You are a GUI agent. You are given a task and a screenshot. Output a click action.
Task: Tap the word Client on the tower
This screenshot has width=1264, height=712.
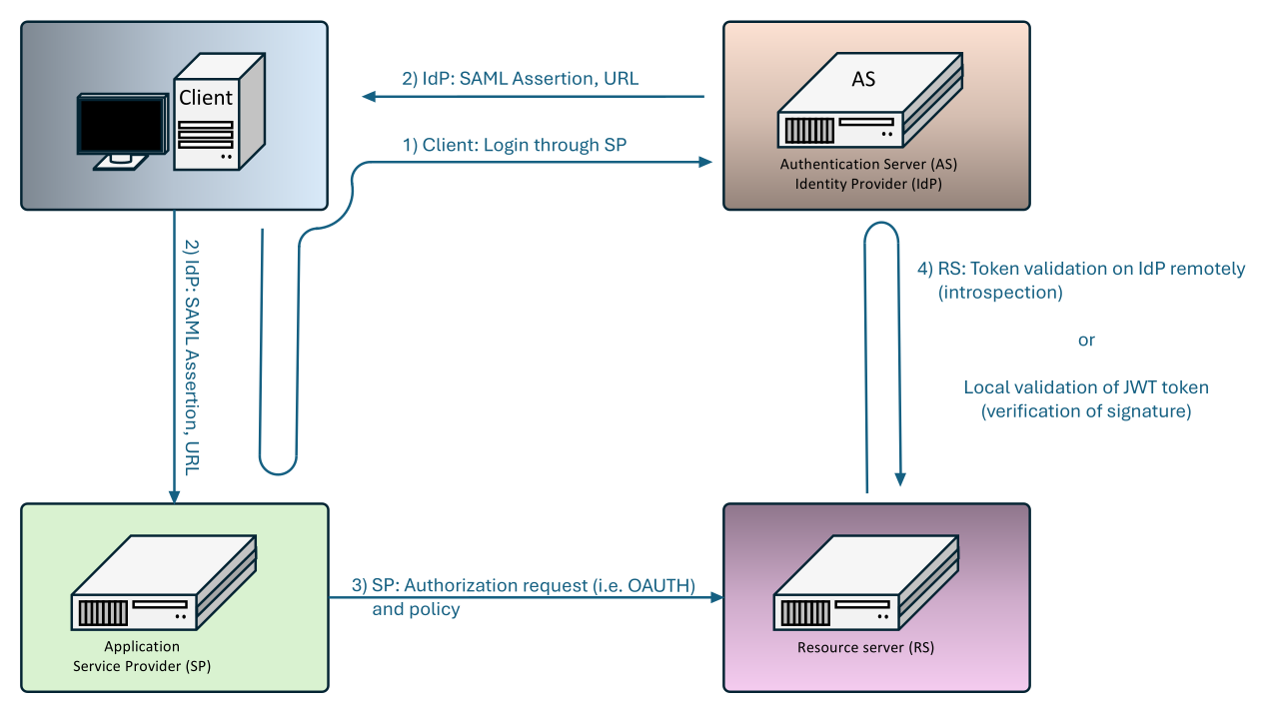coord(205,98)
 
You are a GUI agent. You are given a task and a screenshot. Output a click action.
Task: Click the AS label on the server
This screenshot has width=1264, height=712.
coord(863,79)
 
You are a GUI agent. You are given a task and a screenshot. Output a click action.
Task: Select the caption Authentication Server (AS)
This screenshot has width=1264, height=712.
coord(875,165)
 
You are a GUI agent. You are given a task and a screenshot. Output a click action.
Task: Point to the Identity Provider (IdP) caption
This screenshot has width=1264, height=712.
coord(875,184)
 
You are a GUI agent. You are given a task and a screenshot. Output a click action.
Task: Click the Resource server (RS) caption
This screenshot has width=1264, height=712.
coord(865,647)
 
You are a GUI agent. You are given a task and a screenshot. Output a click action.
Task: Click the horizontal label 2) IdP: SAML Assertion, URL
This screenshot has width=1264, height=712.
coord(520,79)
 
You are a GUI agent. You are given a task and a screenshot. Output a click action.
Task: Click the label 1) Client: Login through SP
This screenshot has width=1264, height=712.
coord(515,145)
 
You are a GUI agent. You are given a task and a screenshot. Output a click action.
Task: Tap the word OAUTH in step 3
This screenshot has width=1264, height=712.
coord(660,585)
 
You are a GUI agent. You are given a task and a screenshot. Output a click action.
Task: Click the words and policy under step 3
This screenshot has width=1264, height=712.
coord(416,609)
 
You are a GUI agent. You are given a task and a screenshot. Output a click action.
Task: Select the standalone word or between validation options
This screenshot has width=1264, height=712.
coord(1086,341)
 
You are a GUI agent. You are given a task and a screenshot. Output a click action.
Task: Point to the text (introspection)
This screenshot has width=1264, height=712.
coord(1000,293)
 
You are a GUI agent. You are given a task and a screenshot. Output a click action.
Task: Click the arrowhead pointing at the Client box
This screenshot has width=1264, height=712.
coord(369,96)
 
